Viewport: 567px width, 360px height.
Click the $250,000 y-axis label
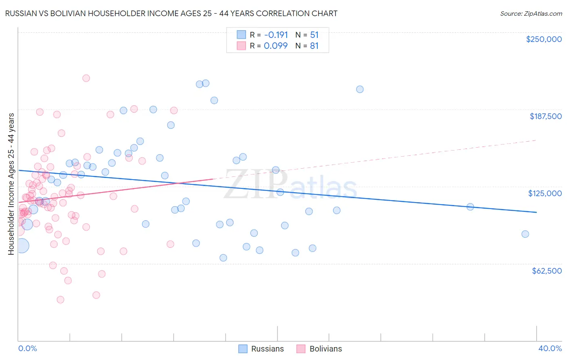544,39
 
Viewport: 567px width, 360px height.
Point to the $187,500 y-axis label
545,116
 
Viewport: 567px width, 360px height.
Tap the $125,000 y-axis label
545,193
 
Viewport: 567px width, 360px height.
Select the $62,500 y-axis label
546,271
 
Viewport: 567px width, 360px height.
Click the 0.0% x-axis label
27,348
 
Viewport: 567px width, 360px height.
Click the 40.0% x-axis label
550,348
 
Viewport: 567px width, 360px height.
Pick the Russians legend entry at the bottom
261,349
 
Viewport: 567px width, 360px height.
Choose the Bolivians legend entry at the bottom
319,349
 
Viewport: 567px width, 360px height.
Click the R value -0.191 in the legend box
276,35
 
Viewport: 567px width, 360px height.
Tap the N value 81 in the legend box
314,46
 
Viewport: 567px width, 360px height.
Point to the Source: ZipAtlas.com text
531,14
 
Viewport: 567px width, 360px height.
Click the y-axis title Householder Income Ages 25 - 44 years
11,184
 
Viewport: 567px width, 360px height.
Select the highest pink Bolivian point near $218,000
86,78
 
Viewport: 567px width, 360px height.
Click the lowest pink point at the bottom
60,299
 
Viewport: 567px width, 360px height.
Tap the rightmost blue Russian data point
525,234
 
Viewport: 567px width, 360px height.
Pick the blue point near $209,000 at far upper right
360,89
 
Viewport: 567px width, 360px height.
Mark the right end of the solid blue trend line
536,212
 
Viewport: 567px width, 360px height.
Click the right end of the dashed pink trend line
536,140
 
